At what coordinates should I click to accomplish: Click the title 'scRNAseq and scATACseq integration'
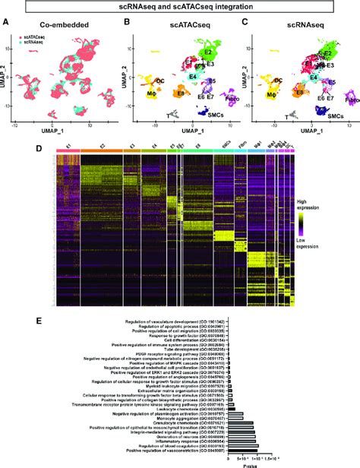tap(180, 7)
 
